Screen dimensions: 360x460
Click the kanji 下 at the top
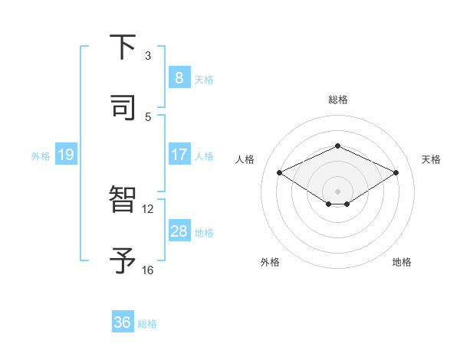(x=123, y=47)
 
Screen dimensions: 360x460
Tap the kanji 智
(x=123, y=200)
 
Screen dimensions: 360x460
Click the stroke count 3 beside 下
(x=148, y=55)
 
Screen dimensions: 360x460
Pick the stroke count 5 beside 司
(x=148, y=116)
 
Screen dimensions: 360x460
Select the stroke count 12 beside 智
(x=148, y=208)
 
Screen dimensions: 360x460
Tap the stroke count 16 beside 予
(x=148, y=270)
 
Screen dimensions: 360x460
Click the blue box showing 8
(x=179, y=78)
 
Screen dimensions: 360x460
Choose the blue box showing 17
(x=179, y=155)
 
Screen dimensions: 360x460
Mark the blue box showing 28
(x=179, y=231)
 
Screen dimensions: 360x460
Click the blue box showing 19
(x=65, y=155)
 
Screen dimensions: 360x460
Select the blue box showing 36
(x=122, y=322)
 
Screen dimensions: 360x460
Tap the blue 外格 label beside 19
(x=41, y=155)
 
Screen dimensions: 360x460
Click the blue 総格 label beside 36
(x=147, y=324)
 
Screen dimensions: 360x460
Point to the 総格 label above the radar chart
(x=337, y=100)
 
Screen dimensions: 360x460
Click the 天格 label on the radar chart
(x=431, y=159)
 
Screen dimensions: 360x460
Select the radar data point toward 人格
(x=280, y=172)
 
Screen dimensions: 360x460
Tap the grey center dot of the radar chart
(x=337, y=191)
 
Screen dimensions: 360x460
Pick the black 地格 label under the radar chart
(x=402, y=262)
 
